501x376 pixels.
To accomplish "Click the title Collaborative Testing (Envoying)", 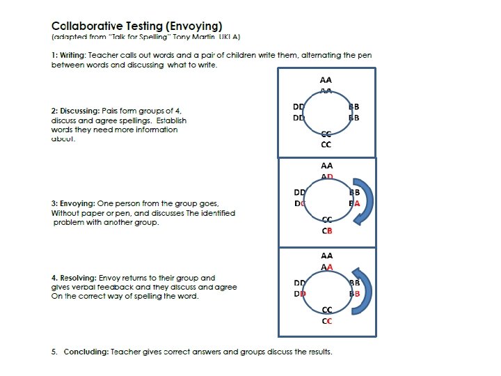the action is click(x=137, y=26).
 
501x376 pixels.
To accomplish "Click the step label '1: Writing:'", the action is click(x=70, y=55).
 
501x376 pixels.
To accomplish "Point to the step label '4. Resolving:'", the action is click(x=74, y=278).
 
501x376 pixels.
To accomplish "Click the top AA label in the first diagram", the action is click(x=326, y=80).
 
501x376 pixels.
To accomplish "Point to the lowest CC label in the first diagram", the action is click(x=326, y=145).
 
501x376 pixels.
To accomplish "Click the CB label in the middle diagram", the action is click(x=326, y=230).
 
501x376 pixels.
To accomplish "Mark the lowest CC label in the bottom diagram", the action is click(x=326, y=321).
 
